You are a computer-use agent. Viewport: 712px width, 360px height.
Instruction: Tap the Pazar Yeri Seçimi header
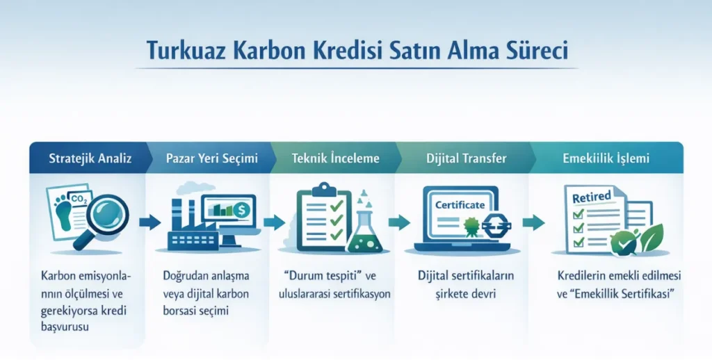pyautogui.click(x=211, y=158)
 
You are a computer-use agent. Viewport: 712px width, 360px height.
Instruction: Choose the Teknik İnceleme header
pyautogui.click(x=336, y=158)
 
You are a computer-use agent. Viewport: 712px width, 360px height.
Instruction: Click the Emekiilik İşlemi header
pyautogui.click(x=606, y=158)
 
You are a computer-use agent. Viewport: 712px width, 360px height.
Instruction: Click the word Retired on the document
pyautogui.click(x=591, y=197)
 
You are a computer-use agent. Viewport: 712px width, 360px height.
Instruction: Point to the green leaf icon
pyautogui.click(x=651, y=239)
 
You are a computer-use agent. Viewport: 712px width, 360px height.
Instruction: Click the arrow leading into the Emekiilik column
pyautogui.click(x=533, y=222)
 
